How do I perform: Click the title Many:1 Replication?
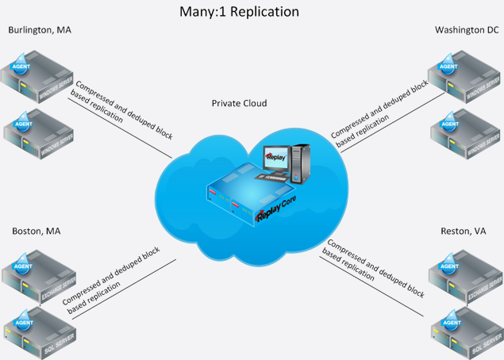coord(239,12)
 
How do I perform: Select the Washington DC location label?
coord(467,31)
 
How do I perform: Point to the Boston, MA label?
coord(37,232)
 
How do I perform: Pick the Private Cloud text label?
coord(239,104)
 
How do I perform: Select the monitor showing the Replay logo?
coord(274,159)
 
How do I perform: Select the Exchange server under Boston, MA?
coord(40,274)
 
